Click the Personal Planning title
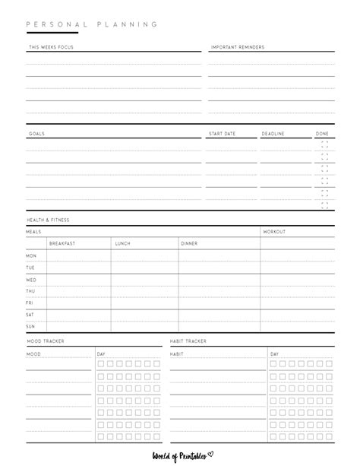point(92,24)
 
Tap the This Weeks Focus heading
point(51,47)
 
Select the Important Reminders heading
point(237,47)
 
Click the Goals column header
point(36,134)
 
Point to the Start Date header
point(222,134)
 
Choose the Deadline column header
point(273,134)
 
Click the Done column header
point(323,134)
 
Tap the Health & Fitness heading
point(48,220)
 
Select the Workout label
point(274,231)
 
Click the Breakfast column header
point(62,243)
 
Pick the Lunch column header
point(122,243)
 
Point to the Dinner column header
point(189,243)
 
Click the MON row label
point(30,256)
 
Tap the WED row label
point(30,280)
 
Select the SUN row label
point(30,326)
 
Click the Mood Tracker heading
point(46,341)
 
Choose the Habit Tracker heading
point(188,341)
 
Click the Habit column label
point(177,353)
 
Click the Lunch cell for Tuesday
point(144,268)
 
